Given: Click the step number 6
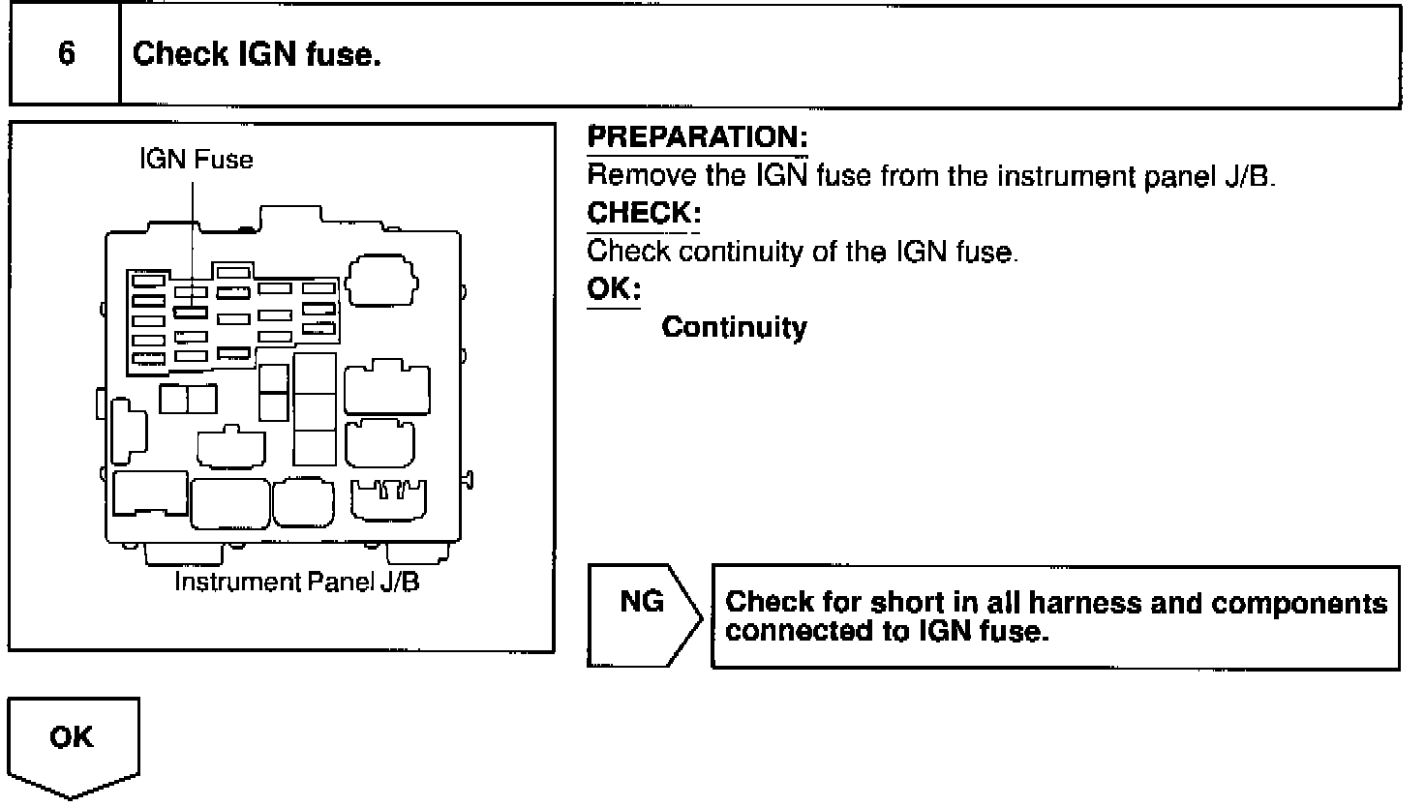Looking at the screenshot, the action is coord(66,53).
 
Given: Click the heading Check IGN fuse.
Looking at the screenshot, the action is coord(257,54).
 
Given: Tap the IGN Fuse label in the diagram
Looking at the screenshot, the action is coord(196,159).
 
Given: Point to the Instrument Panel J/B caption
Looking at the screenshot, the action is coord(296,583).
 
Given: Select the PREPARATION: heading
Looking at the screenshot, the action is coord(697,137).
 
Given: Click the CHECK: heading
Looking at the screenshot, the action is coord(644,213).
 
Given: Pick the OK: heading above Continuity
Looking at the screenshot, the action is coord(614,289).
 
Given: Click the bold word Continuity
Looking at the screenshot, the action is coord(734,327).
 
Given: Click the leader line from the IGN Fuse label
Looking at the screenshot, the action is coord(193,242).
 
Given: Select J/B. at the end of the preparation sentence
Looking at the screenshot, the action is coord(1249,176).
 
